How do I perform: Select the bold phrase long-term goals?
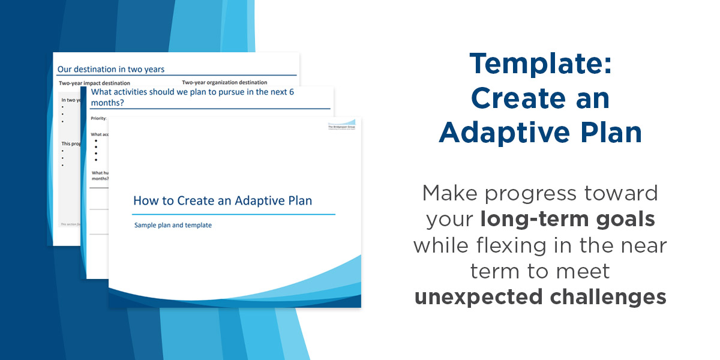point(567,219)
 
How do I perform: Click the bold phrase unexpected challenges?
point(540,296)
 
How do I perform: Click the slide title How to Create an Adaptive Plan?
point(222,200)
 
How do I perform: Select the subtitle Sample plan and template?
point(173,226)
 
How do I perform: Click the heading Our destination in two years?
point(110,70)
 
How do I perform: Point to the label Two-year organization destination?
point(224,82)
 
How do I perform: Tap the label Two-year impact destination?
point(94,82)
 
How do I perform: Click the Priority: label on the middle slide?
point(98,118)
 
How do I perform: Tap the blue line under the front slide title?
point(233,214)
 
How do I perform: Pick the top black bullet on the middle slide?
point(96,141)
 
